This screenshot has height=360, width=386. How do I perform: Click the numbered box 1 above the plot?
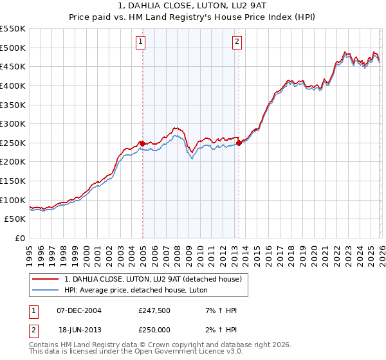pos(141,42)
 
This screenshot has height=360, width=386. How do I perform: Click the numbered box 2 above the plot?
pos(237,42)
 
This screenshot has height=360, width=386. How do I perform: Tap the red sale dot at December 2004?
pos(142,143)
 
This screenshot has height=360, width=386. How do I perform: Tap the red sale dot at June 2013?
pos(239,143)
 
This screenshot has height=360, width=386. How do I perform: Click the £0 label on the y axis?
pos(20,239)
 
